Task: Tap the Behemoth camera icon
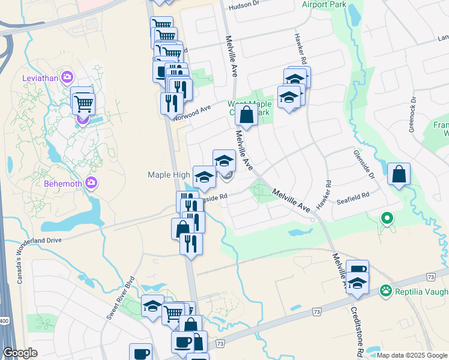(91, 182)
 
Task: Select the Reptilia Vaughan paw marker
(385, 291)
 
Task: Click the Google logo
(20, 353)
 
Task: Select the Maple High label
(170, 175)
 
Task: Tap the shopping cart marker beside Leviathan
(83, 103)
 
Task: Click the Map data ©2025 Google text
(412, 355)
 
